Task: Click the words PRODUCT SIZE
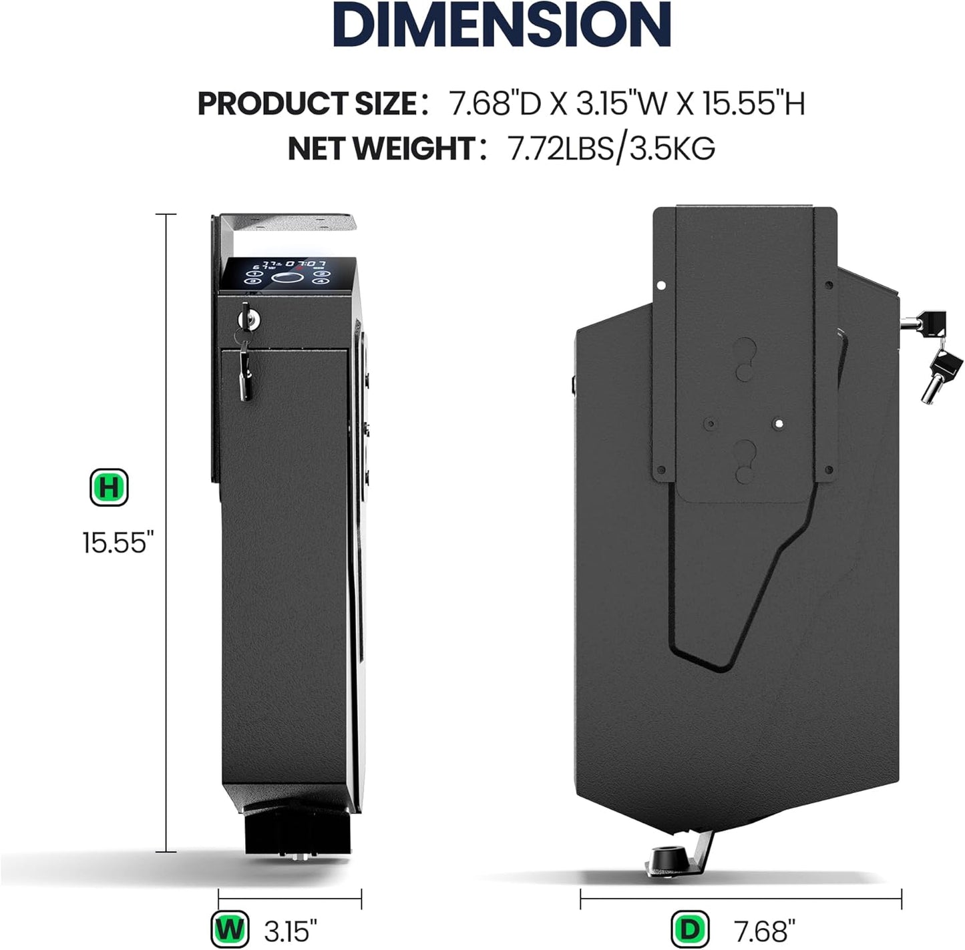click(x=307, y=103)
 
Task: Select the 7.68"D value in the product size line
click(x=494, y=103)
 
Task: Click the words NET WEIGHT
click(x=381, y=148)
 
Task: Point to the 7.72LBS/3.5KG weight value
click(x=611, y=148)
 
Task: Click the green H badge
click(x=109, y=488)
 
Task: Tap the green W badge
click(x=229, y=929)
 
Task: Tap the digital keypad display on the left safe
click(x=287, y=273)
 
